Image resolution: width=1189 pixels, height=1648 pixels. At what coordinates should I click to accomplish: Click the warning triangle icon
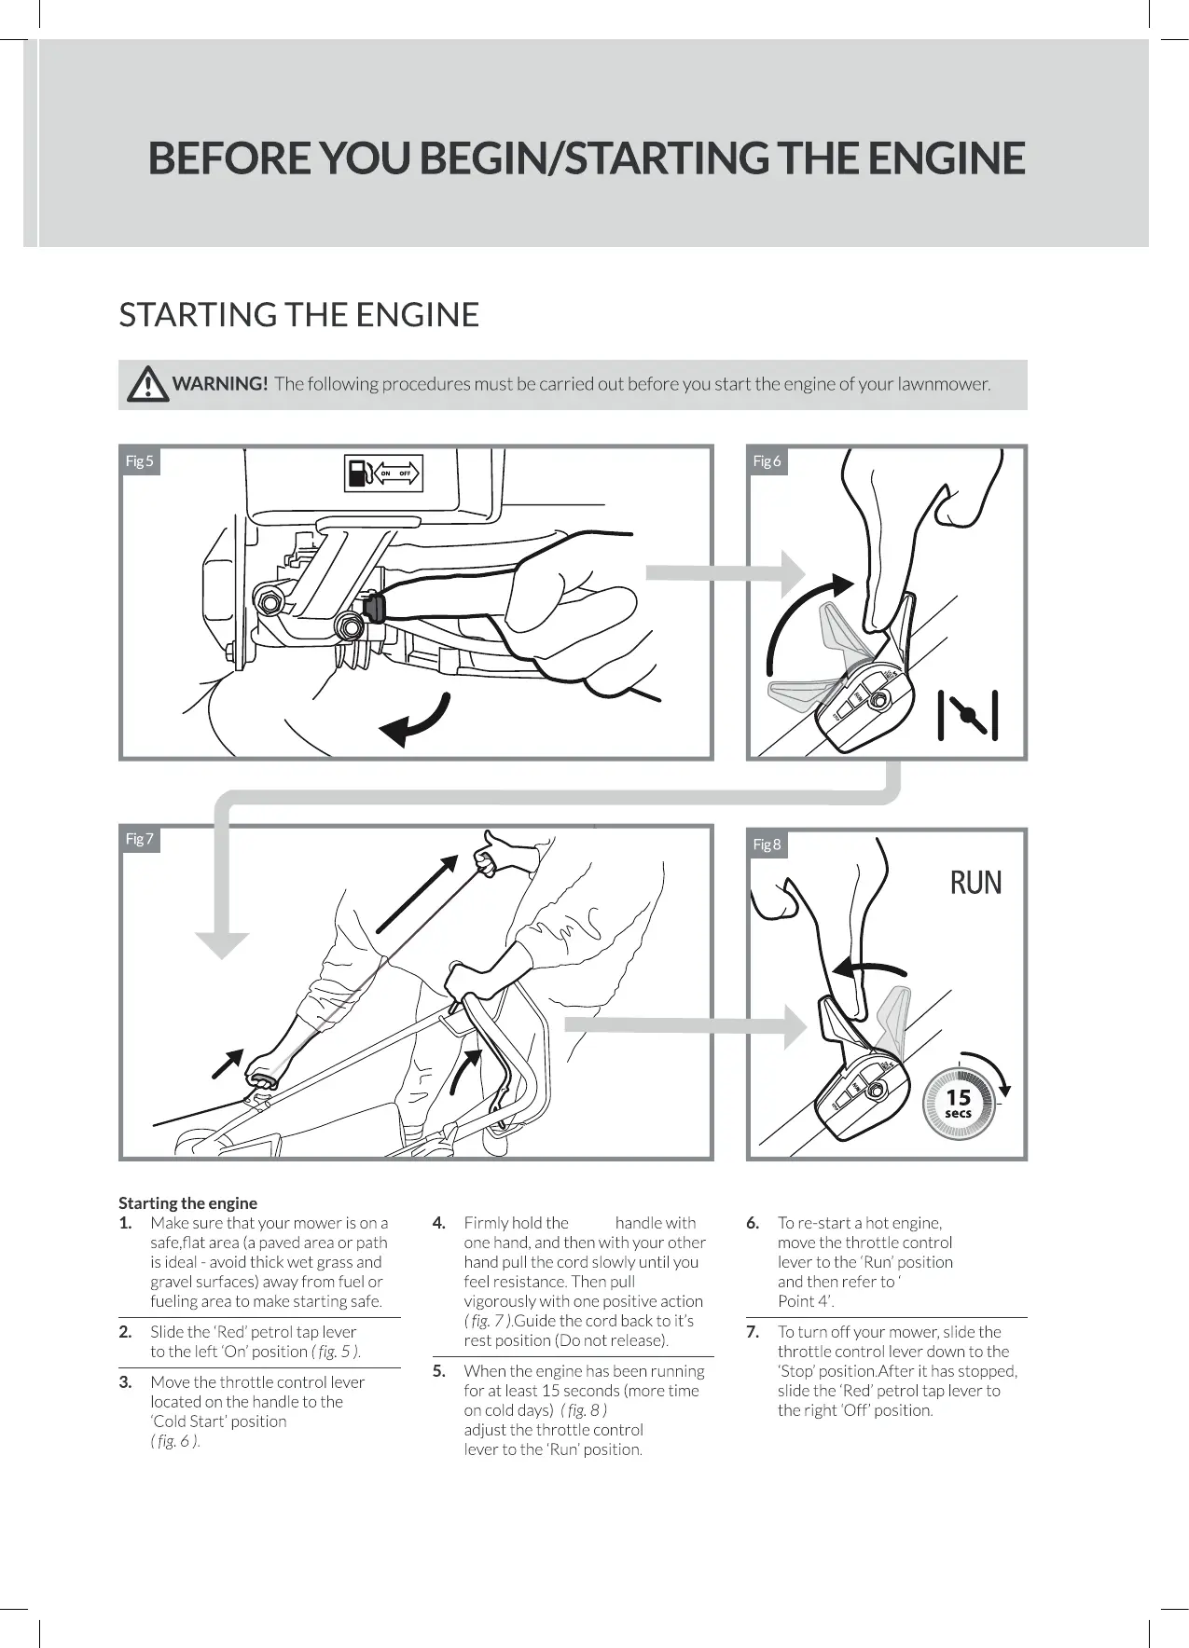coord(145,384)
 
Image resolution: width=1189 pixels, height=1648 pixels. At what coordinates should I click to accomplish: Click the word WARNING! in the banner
coord(221,384)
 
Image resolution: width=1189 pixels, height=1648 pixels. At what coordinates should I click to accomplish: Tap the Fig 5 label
coord(139,460)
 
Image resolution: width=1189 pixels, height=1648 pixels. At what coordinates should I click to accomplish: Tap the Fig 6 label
coord(767,460)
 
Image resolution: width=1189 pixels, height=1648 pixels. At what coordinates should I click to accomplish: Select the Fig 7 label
coord(139,839)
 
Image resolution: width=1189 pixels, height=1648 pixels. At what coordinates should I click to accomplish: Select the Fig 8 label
coord(767,845)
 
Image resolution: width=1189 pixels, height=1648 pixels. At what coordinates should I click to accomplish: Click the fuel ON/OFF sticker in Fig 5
coord(383,474)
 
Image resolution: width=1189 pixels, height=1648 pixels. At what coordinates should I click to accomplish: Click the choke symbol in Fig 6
coord(968,715)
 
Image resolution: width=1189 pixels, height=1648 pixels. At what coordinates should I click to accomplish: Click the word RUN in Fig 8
coord(975,882)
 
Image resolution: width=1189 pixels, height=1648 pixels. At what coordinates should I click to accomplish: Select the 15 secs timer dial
coord(959,1104)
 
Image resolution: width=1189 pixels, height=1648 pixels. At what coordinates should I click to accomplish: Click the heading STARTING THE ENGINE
coord(298,315)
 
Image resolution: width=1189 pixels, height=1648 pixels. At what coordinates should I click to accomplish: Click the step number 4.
coord(439,1223)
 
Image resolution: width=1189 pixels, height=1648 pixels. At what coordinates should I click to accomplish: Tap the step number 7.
coord(753,1332)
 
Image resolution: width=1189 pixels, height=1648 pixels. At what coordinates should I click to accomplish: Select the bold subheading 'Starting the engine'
coord(187,1202)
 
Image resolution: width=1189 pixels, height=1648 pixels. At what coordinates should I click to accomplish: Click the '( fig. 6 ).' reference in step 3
coord(175,1441)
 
